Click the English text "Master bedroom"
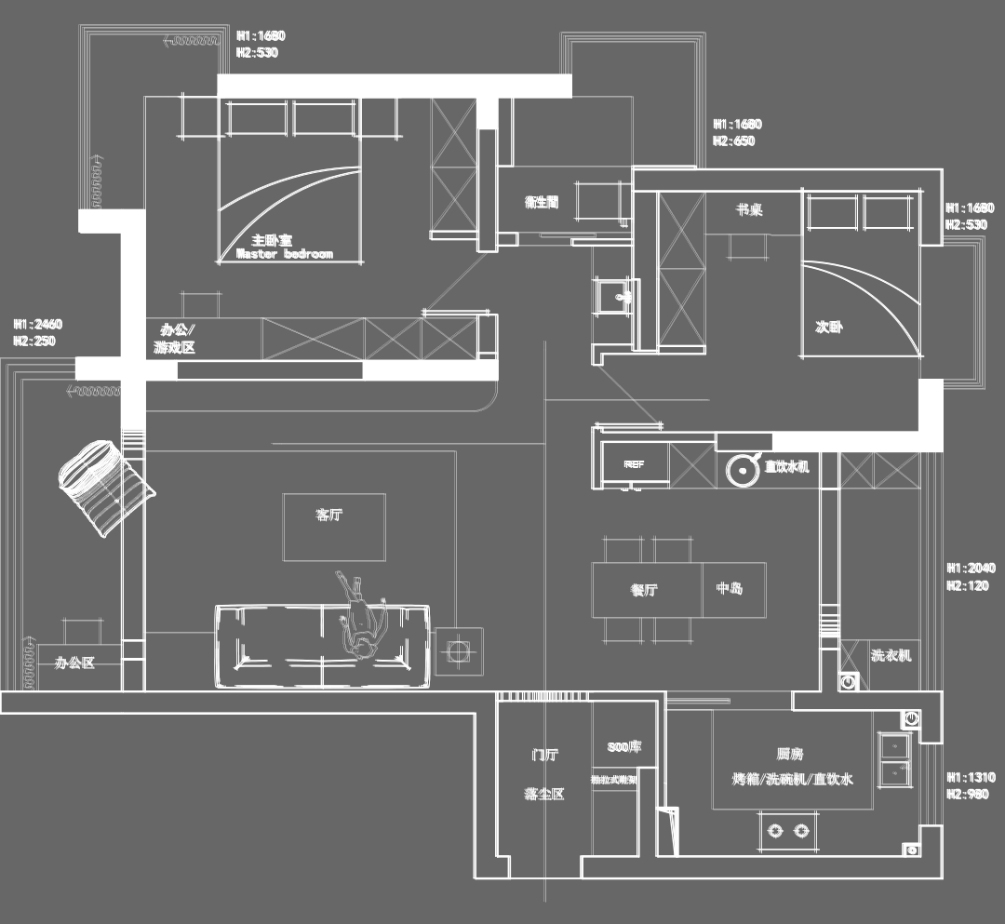coord(285,254)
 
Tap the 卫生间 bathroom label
coord(542,202)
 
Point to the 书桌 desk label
coord(750,210)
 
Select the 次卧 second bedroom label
coord(829,328)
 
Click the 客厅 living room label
coord(329,515)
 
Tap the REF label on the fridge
coord(634,463)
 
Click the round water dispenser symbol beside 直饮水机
coord(743,470)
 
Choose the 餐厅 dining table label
coord(645,590)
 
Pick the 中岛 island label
coord(730,589)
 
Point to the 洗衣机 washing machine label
coord(891,655)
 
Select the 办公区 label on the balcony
coord(74,663)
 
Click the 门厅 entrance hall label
coord(545,756)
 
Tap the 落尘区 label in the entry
coord(544,795)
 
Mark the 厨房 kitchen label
coord(790,755)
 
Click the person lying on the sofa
coord(360,619)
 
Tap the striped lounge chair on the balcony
coord(103,485)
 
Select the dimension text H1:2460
coord(38,325)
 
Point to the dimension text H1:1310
coord(971,778)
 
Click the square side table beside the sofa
coord(458,651)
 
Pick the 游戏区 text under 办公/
coord(174,349)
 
